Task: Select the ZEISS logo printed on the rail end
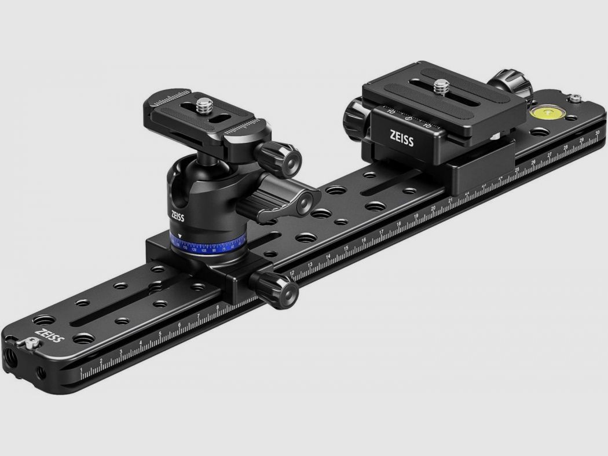click(x=49, y=336)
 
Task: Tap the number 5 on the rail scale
click(x=160, y=334)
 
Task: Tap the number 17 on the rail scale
click(x=381, y=232)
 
